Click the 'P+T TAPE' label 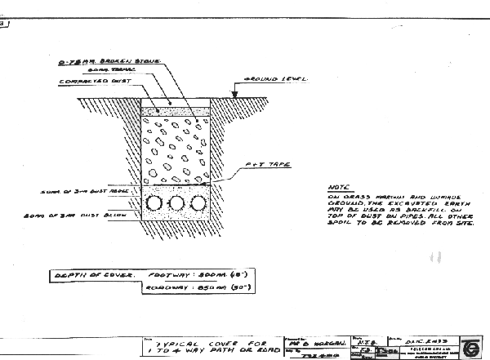pos(261,166)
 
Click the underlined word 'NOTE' pos(336,186)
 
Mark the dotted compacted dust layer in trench pos(176,110)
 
